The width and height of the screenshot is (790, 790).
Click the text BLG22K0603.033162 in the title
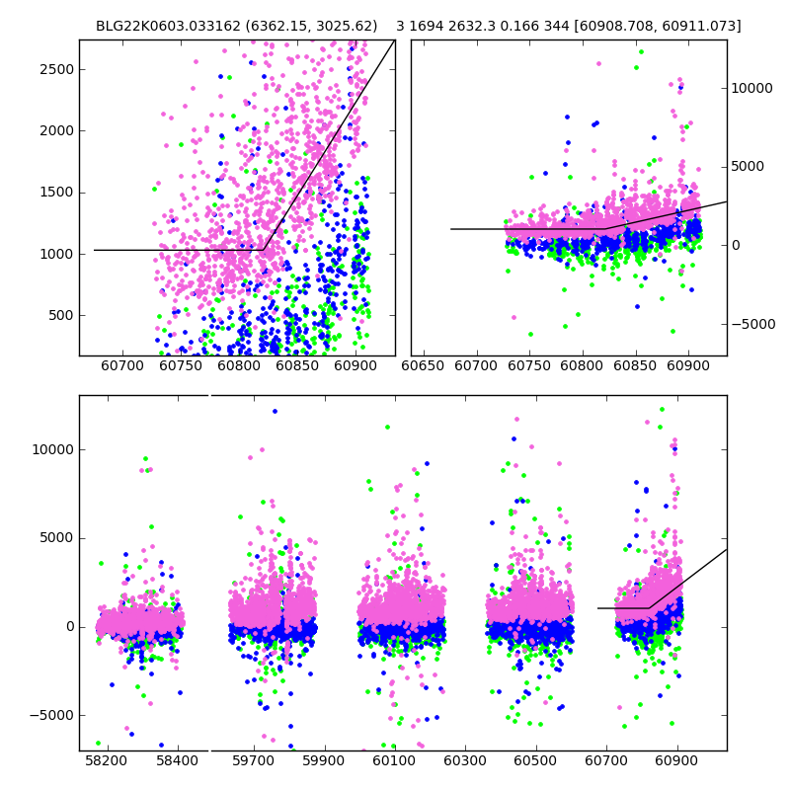click(x=157, y=26)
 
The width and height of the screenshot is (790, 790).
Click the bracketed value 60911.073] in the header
click(x=703, y=26)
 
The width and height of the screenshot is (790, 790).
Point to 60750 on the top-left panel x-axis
click(x=181, y=366)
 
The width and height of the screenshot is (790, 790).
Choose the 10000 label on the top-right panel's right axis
click(x=752, y=88)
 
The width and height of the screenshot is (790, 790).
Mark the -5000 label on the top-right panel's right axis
click(x=752, y=324)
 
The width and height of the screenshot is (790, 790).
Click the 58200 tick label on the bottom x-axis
click(x=107, y=761)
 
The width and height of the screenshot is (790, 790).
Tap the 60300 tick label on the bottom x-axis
click(x=465, y=761)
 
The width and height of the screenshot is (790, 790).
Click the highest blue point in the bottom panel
click(x=275, y=411)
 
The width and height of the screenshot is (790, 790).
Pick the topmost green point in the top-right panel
click(x=641, y=51)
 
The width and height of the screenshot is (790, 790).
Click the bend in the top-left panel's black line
click(x=264, y=250)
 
